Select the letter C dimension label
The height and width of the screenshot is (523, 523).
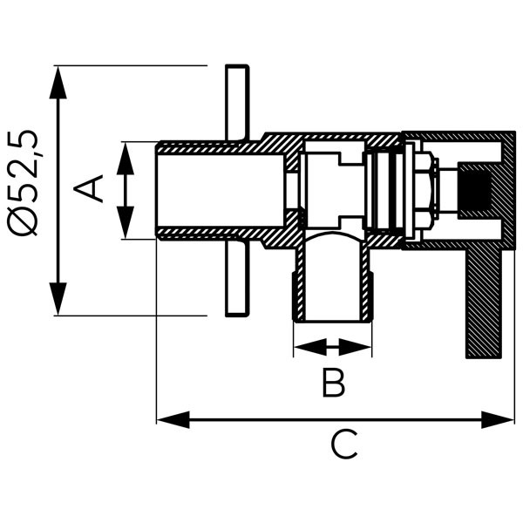tap(343, 446)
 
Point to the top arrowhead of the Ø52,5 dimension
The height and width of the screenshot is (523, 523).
tap(58, 78)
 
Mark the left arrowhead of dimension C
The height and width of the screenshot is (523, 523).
tap(171, 421)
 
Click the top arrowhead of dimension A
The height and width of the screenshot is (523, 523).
tap(126, 152)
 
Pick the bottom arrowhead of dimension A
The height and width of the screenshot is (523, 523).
tap(126, 226)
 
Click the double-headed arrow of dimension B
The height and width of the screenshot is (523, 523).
tap(332, 348)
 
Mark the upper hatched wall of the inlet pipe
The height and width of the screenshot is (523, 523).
tap(218, 146)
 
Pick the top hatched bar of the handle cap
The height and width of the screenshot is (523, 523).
tap(458, 137)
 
